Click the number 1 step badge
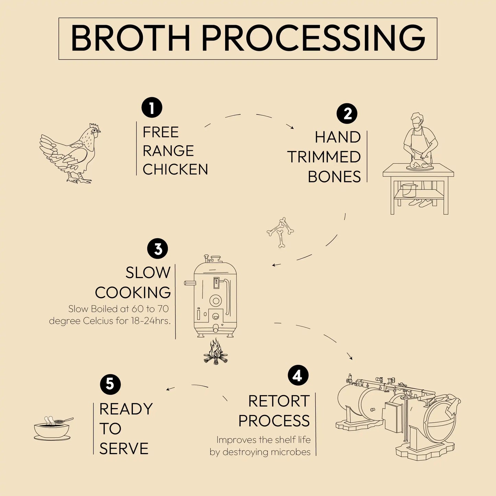[152, 108]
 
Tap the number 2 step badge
[347, 114]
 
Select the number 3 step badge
[158, 249]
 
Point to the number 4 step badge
[298, 375]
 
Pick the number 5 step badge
[110, 384]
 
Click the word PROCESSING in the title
[313, 38]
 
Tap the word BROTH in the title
[130, 38]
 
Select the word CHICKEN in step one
[175, 170]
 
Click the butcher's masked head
[417, 120]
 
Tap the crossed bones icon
[280, 232]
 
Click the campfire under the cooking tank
[216, 352]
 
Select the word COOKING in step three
[133, 293]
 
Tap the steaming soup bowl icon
[53, 428]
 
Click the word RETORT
[279, 401]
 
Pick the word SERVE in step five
[124, 449]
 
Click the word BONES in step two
[334, 177]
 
